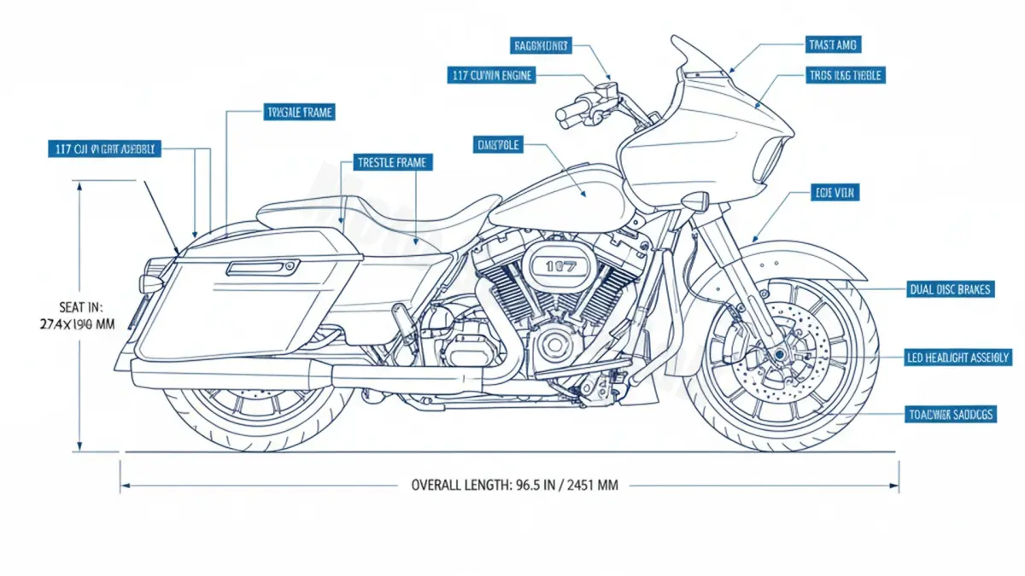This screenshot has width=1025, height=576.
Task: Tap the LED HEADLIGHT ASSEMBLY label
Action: [x=958, y=358]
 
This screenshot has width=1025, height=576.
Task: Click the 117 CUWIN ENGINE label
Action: [x=491, y=75]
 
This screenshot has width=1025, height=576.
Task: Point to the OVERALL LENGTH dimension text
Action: [x=514, y=485]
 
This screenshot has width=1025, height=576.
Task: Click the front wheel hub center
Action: [x=779, y=355]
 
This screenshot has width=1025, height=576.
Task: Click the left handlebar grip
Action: [x=571, y=111]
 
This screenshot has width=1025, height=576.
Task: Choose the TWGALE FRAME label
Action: [x=300, y=112]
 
